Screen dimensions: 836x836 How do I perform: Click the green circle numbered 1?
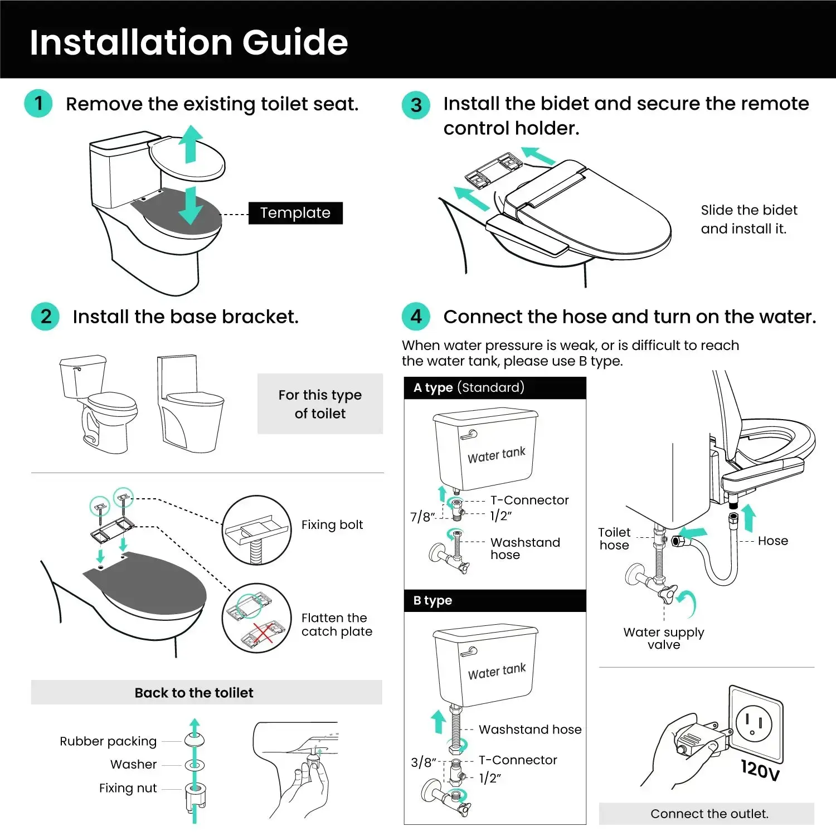tap(38, 103)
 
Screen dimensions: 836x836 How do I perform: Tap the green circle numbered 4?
tap(416, 317)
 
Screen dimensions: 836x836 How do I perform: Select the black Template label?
tap(295, 213)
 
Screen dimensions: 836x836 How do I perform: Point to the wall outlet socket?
tap(756, 723)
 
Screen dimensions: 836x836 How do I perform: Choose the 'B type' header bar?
tap(495, 601)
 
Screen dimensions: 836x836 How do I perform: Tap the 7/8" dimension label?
tap(422, 517)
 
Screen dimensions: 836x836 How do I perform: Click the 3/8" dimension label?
tap(423, 762)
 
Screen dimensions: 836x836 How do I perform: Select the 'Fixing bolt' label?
tap(332, 524)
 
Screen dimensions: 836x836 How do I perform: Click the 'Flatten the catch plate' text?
tap(337, 625)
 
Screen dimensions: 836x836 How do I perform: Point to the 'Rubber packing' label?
tap(108, 741)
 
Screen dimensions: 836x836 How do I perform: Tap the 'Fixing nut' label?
tap(128, 788)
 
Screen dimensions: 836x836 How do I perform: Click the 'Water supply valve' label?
tap(664, 638)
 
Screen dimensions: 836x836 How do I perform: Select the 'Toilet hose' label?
tap(614, 539)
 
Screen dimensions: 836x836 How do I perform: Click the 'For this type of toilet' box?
tap(320, 404)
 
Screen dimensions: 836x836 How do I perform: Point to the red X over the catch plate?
tap(263, 636)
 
